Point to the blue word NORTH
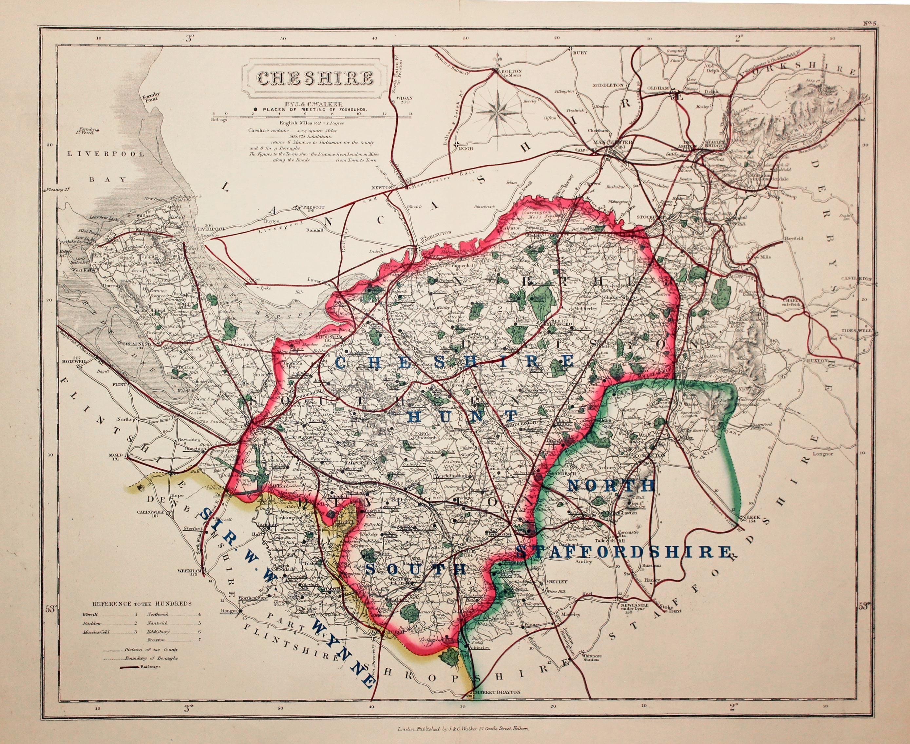click(611, 485)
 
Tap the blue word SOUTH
click(416, 569)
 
